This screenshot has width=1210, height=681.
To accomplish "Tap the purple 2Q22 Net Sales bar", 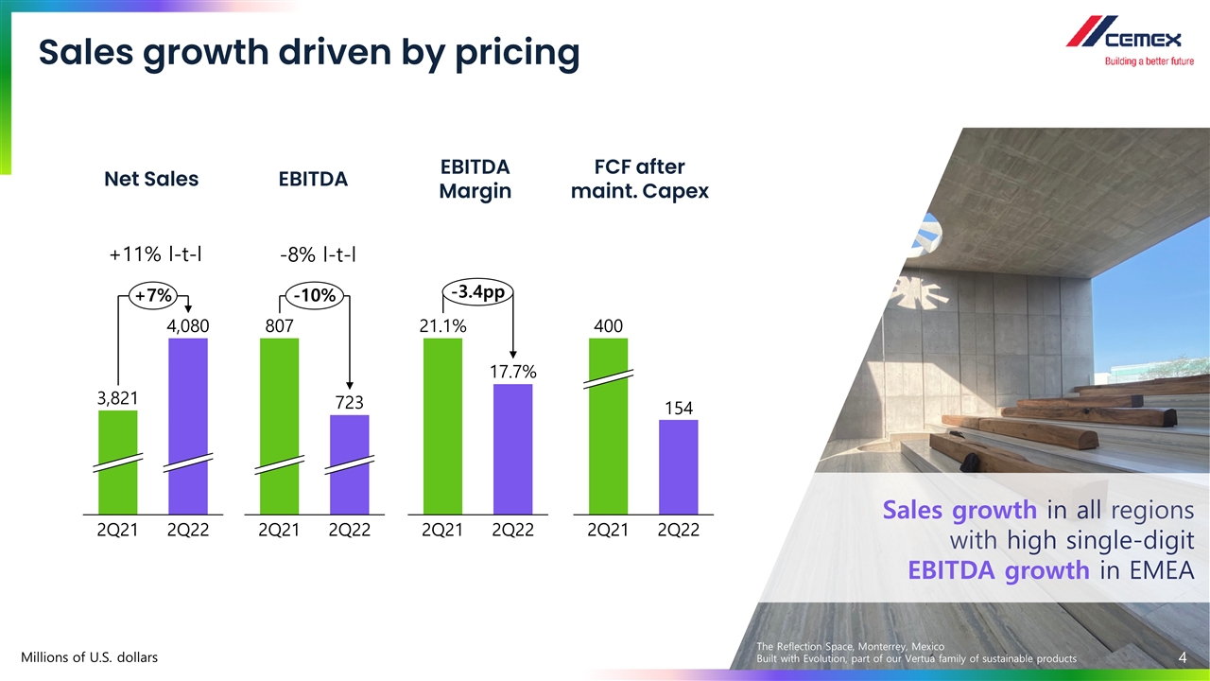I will (x=187, y=426).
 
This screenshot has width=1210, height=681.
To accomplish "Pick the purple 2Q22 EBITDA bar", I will (x=350, y=463).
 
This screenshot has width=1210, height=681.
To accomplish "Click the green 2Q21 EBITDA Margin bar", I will (x=442, y=426).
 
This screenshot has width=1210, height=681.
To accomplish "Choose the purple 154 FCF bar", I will (x=678, y=466).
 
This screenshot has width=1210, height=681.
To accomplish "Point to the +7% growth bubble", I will (x=153, y=295).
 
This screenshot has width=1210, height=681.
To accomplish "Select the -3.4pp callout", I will (x=476, y=292).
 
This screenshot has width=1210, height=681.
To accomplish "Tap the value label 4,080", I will (x=187, y=325).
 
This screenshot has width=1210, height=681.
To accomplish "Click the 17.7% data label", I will (x=513, y=372).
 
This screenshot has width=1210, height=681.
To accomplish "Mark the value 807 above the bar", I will (x=279, y=325).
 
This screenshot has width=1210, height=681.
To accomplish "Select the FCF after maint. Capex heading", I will (x=639, y=179).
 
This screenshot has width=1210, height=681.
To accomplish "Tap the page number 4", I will (x=1183, y=656).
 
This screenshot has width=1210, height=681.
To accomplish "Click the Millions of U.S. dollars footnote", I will (x=90, y=656).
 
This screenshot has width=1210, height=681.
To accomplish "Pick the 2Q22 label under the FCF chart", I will (x=678, y=531).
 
